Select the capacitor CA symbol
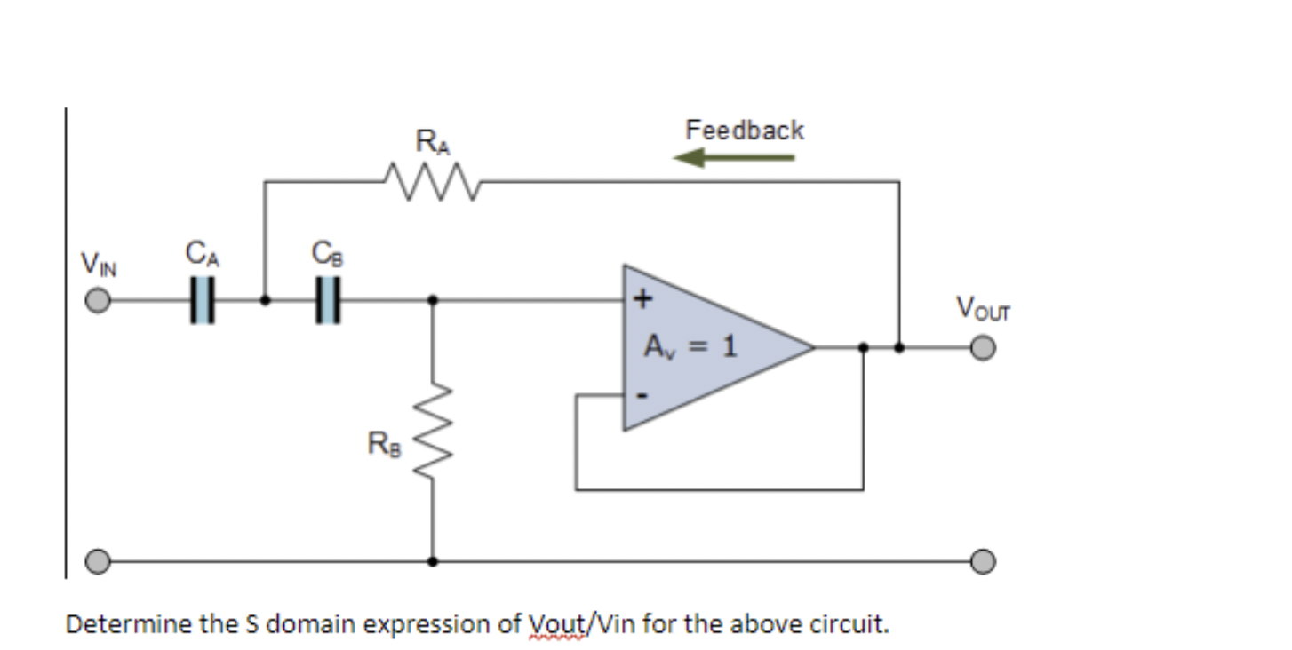point(203,301)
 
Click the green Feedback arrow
point(734,159)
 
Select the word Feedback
point(745,131)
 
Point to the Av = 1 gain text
point(691,345)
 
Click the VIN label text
point(97,264)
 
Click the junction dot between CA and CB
point(265,301)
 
